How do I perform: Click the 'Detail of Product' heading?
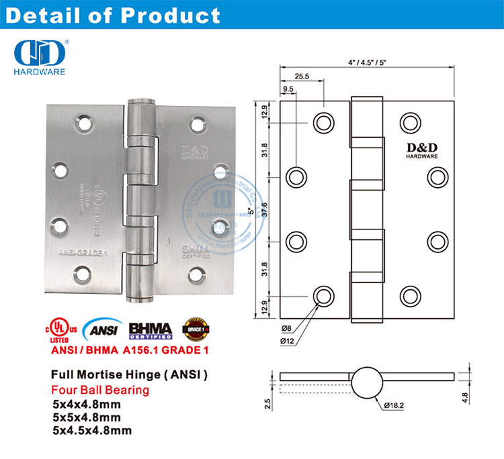click(112, 15)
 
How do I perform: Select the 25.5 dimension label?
click(302, 76)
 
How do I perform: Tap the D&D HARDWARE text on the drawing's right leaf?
click(421, 150)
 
